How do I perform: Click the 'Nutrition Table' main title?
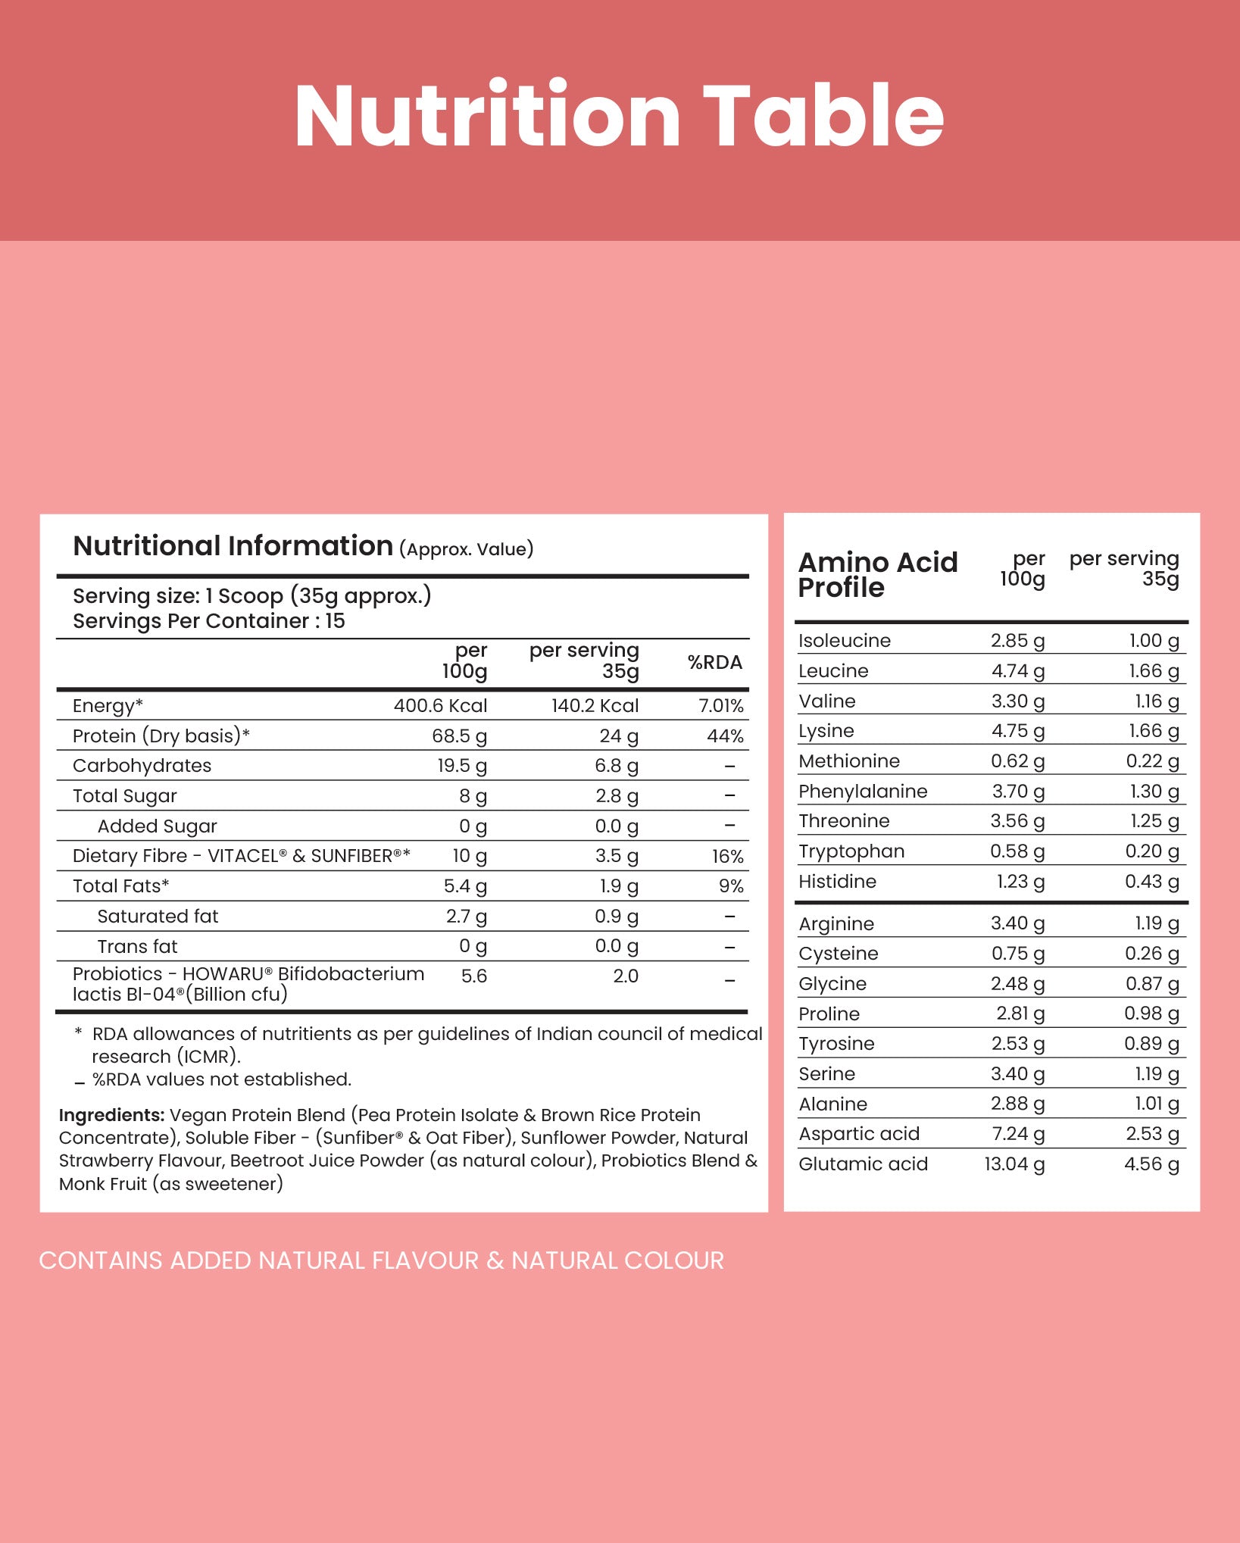click(619, 116)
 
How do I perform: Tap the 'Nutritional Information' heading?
click(233, 546)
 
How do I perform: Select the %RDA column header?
click(714, 662)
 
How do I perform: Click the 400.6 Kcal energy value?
click(440, 706)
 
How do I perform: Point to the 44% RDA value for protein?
click(725, 736)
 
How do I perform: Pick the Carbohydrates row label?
click(142, 766)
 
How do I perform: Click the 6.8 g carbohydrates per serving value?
click(616, 766)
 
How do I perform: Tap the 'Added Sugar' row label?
click(157, 826)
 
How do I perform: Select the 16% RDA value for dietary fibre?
click(727, 857)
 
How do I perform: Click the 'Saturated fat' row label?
click(158, 917)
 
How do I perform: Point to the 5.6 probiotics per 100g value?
click(473, 976)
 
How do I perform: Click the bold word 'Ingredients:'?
click(111, 1115)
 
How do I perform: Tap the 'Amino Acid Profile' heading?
click(877, 575)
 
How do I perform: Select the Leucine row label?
click(833, 671)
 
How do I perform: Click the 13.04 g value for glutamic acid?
click(1014, 1164)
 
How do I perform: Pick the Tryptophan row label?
click(851, 851)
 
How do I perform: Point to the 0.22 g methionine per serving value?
click(1152, 761)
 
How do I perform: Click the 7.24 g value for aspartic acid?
click(1017, 1134)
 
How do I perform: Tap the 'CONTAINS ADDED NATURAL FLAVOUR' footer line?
click(381, 1260)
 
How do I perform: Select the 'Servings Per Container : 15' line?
click(208, 621)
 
